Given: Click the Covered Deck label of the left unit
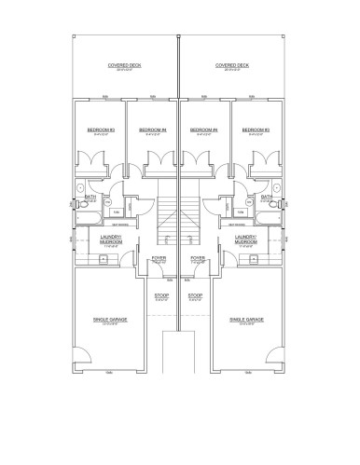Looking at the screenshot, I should coord(124,66).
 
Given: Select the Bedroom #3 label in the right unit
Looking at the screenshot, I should coord(257,130).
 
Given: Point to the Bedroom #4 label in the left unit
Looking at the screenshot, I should coord(153,130).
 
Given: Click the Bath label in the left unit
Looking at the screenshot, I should coord(90,197).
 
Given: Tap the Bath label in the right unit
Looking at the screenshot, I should coord(267,197).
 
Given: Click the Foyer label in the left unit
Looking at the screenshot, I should coord(159,259).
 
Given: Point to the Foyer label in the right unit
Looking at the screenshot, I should coord(197,259).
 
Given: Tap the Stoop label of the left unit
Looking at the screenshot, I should coord(160,296).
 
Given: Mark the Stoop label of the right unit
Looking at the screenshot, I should coord(196,296).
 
